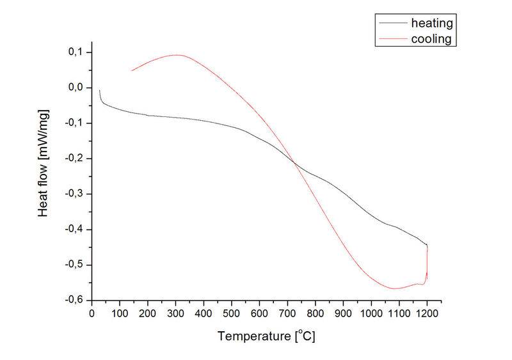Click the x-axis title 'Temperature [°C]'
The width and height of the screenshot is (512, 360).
266,336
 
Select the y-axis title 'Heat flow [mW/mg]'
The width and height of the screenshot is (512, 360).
44,163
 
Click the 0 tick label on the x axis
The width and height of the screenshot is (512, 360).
92,313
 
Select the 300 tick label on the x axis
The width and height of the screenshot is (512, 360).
175,313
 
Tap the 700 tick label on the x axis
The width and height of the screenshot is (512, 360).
287,313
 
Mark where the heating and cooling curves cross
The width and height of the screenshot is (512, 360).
296,164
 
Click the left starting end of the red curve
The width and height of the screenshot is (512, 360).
132,70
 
